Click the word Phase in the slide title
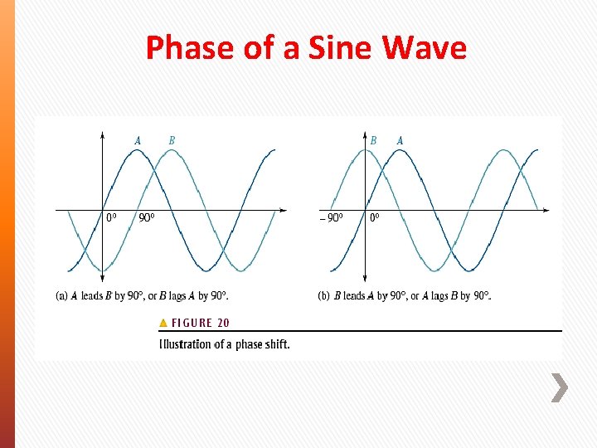pos(187,48)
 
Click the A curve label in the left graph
pos(137,140)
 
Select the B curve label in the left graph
pos(172,140)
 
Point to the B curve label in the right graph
pos(373,140)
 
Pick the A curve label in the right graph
pos(400,140)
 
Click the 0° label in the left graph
pos(111,218)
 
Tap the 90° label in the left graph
pos(147,218)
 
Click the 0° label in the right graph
pos(375,218)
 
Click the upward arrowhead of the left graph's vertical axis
pos(102,134)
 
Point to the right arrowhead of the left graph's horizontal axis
pos(284,210)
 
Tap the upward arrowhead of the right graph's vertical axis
pos(365,134)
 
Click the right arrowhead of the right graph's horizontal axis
pos(546,210)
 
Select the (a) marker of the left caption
pos(61,295)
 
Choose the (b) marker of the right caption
pos(324,295)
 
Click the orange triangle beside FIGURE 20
pos(163,323)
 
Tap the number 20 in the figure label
pos(222,323)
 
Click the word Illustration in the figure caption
pos(185,343)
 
